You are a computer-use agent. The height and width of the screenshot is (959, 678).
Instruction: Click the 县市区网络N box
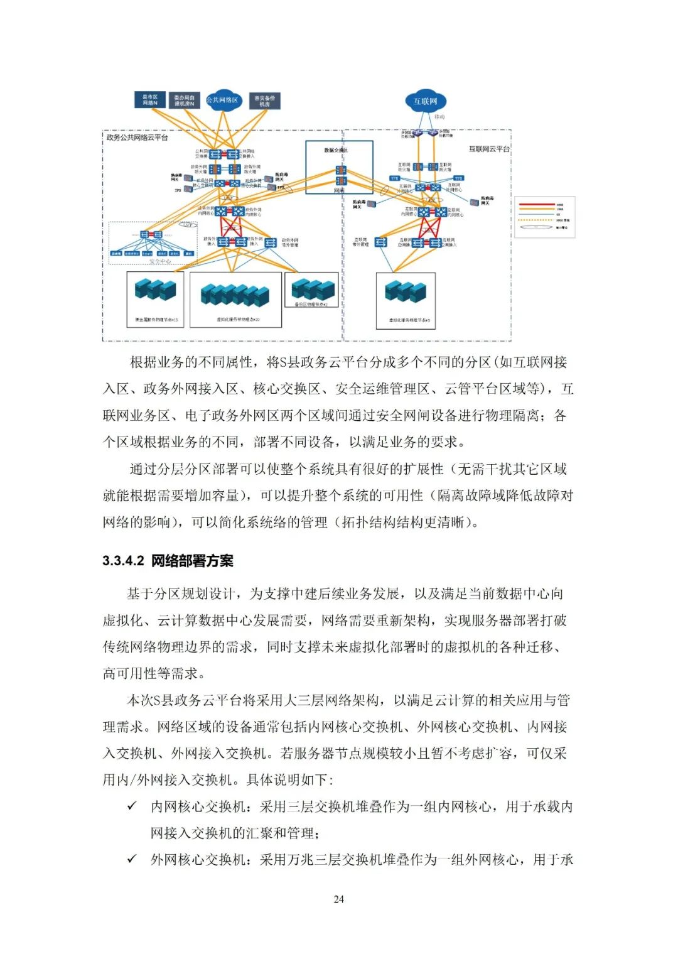pyautogui.click(x=149, y=100)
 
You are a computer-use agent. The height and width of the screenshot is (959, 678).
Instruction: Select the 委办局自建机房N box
pyautogui.click(x=185, y=100)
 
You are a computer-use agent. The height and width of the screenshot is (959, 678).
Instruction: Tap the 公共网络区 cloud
pyautogui.click(x=223, y=100)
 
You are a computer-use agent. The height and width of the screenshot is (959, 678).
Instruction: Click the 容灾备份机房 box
pyautogui.click(x=264, y=100)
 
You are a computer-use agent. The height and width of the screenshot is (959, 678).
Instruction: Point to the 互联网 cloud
pyautogui.click(x=426, y=101)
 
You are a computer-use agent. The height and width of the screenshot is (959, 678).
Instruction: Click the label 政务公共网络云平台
pyautogui.click(x=137, y=138)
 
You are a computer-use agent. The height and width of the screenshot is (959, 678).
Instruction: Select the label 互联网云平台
pyautogui.click(x=489, y=149)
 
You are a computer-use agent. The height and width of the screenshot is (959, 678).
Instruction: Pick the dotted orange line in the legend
pyautogui.click(x=537, y=220)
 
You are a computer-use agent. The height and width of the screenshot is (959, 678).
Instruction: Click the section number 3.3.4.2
pyautogui.click(x=124, y=561)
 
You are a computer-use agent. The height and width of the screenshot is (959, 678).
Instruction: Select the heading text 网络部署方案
pyautogui.click(x=192, y=561)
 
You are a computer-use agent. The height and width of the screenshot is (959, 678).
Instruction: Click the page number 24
pyautogui.click(x=338, y=899)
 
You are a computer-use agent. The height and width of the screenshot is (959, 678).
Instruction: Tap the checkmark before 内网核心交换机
pyautogui.click(x=132, y=806)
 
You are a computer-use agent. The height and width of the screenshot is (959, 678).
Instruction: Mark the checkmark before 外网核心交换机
pyautogui.click(x=132, y=859)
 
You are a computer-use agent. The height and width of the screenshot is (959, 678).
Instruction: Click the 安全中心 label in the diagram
pyautogui.click(x=160, y=261)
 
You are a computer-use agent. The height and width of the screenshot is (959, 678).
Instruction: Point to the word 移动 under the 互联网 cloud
pyautogui.click(x=439, y=117)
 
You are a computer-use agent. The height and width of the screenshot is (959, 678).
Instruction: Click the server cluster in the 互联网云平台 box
pyautogui.click(x=406, y=291)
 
